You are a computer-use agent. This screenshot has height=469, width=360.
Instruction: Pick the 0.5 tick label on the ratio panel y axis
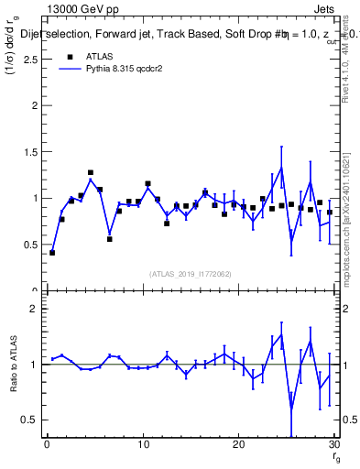(30, 420)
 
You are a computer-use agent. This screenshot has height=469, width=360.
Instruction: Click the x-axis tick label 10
(142, 446)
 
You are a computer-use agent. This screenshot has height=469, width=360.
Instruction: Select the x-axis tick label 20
(238, 446)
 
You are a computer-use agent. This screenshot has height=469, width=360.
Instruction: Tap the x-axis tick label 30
(333, 446)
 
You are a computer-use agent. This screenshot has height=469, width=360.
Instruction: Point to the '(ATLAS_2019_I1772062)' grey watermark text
(191, 273)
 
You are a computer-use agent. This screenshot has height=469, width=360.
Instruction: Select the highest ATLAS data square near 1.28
(91, 172)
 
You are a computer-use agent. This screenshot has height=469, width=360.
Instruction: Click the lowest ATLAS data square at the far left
(52, 252)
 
